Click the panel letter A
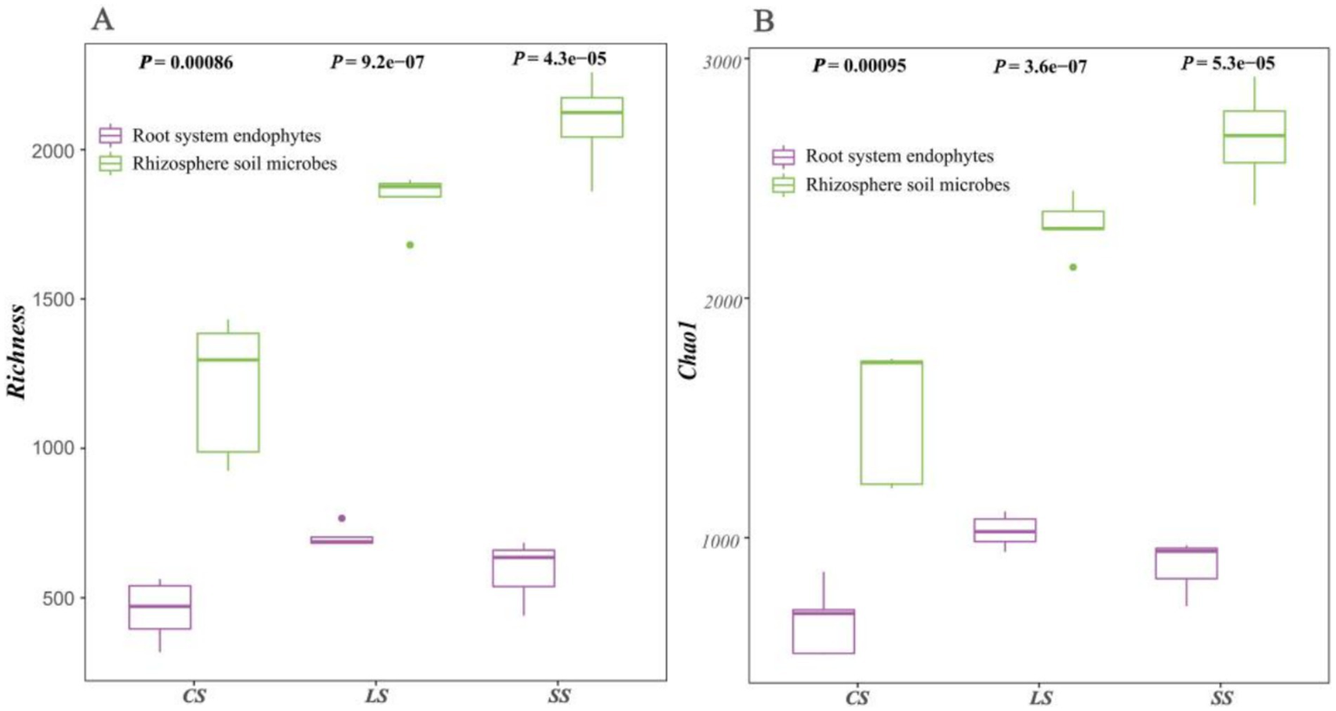pyautogui.click(x=103, y=19)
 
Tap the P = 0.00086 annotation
pyautogui.click(x=186, y=63)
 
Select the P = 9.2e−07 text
pyautogui.click(x=377, y=63)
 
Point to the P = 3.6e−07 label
pyautogui.click(x=1040, y=67)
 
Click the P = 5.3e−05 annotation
pyautogui.click(x=1227, y=64)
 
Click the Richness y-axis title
pyautogui.click(x=17, y=352)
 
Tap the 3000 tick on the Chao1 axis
pyautogui.click(x=722, y=60)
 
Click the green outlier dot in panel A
pyautogui.click(x=410, y=245)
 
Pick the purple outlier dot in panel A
pyautogui.click(x=342, y=519)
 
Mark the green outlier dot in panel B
pyautogui.click(x=1073, y=267)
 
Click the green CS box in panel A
pyautogui.click(x=228, y=392)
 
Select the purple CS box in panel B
pyautogui.click(x=822, y=632)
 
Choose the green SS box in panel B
pyautogui.click(x=1254, y=138)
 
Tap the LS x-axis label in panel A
pyautogui.click(x=376, y=696)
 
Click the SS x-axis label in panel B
pyautogui.click(x=1221, y=698)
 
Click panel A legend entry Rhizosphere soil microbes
pyautogui.click(x=233, y=164)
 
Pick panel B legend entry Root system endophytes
pyautogui.click(x=898, y=157)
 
